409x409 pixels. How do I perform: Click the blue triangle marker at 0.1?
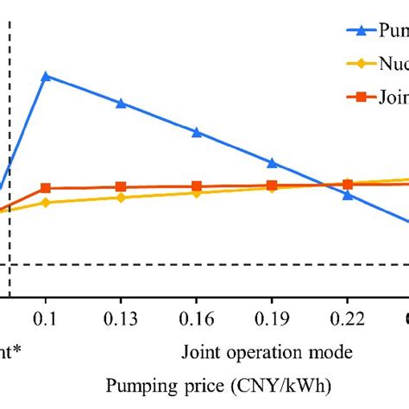coord(46,76)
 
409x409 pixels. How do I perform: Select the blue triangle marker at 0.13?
coord(121,104)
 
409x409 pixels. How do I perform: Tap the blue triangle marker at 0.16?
coord(197,133)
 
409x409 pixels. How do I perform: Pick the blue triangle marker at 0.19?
coord(272,162)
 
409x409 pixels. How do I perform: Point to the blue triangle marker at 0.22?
coord(348,195)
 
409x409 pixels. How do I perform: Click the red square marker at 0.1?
coord(46,188)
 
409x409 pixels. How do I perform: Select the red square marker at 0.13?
coord(121,186)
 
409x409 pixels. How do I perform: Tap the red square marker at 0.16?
coord(197,186)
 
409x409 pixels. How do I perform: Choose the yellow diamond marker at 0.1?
coord(46,203)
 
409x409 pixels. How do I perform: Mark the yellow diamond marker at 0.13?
coord(121,198)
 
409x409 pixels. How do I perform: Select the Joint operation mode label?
coord(267,352)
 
